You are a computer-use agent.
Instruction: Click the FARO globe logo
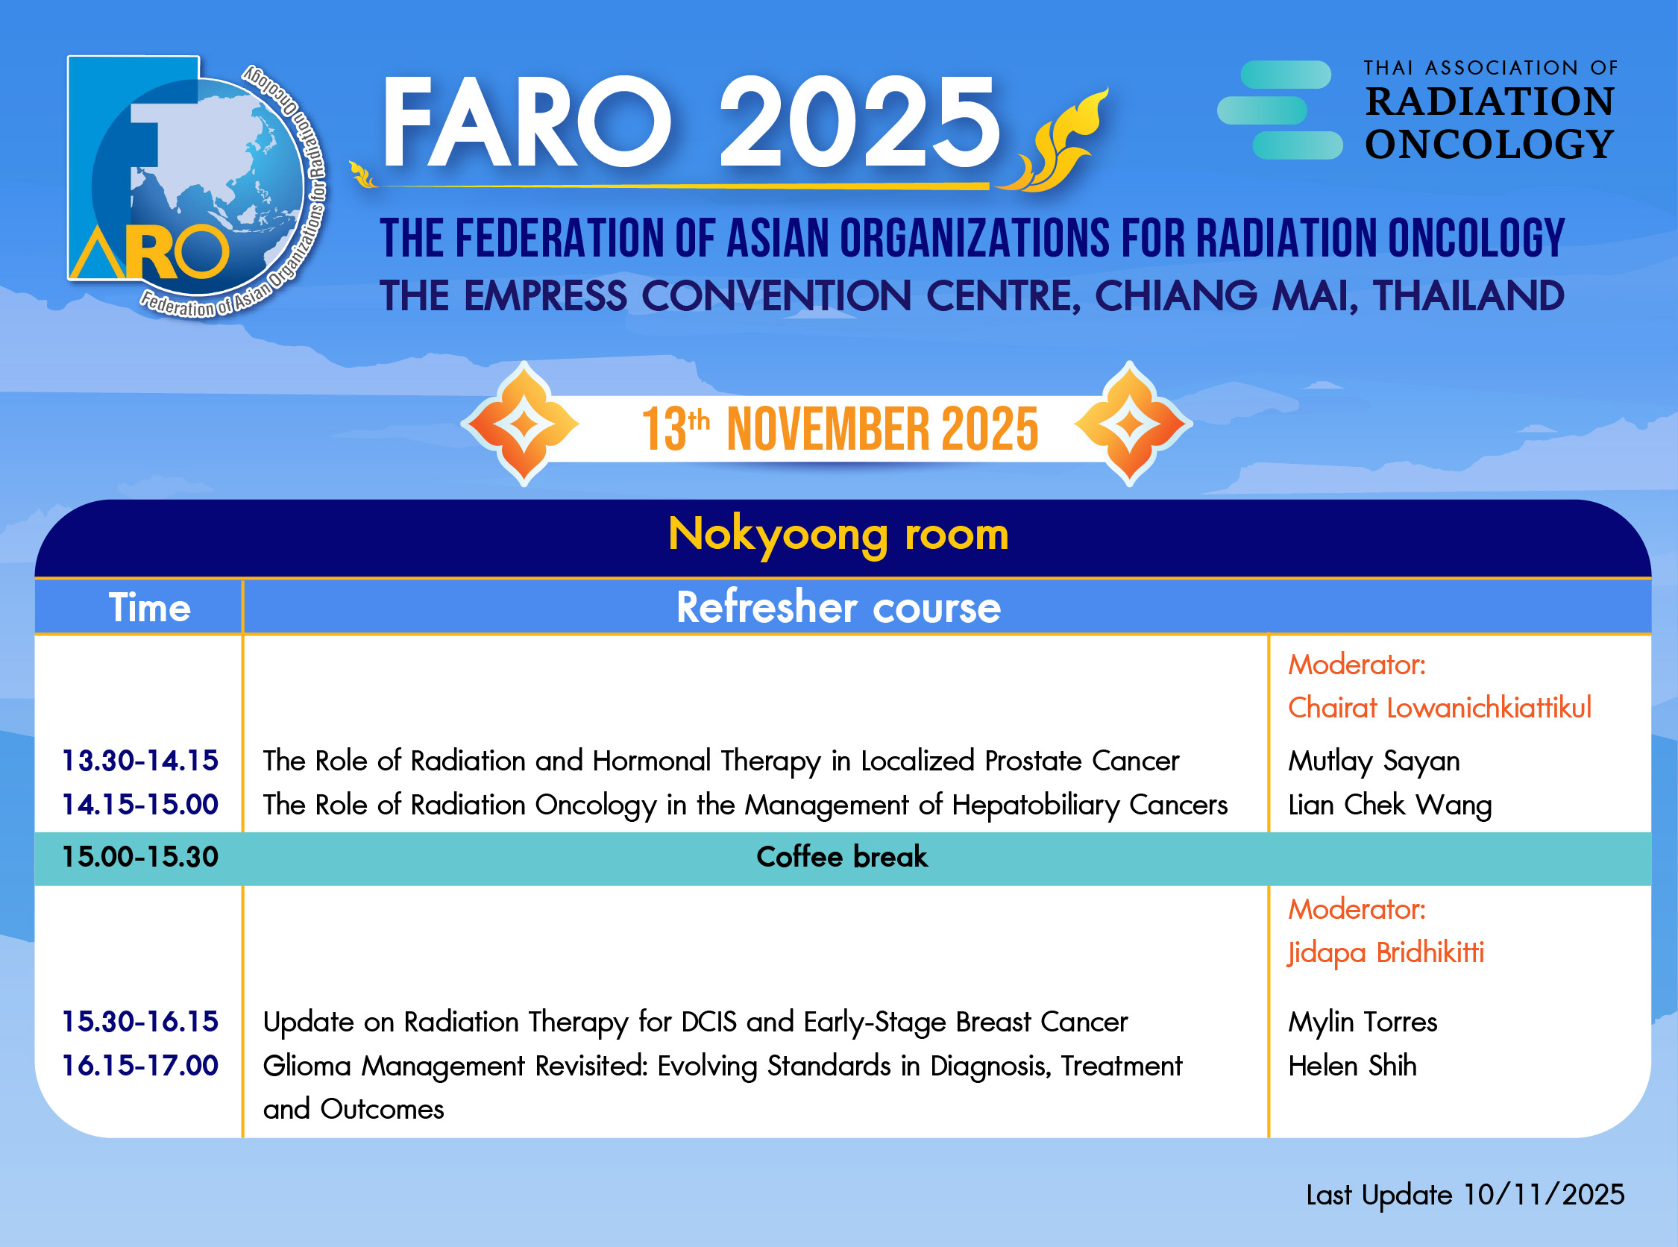tap(198, 186)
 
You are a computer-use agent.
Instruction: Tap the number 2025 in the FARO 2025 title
tap(860, 122)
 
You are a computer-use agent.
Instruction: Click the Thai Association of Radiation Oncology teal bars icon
tap(1281, 110)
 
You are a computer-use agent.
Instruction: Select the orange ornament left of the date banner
tap(523, 424)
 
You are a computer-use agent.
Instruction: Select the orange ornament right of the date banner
tap(1130, 424)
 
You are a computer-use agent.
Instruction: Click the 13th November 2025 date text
tap(840, 429)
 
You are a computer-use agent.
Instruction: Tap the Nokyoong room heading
tap(838, 535)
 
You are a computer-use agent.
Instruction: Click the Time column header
tap(149, 608)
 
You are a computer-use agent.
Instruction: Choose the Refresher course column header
tap(838, 608)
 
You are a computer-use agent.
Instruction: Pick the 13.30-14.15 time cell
tap(140, 761)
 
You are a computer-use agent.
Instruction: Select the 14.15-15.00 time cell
tap(140, 805)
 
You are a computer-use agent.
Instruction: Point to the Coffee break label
tap(842, 857)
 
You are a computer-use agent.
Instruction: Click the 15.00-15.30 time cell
tap(140, 857)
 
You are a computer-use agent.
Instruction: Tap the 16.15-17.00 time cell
tap(140, 1066)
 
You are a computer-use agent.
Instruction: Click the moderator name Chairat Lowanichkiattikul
tap(1439, 708)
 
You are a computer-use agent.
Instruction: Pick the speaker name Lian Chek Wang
tap(1389, 805)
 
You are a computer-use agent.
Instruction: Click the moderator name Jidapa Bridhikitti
tap(1386, 953)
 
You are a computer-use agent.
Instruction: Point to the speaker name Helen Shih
tap(1352, 1066)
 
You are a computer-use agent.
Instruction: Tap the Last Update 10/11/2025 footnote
tap(1465, 1195)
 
